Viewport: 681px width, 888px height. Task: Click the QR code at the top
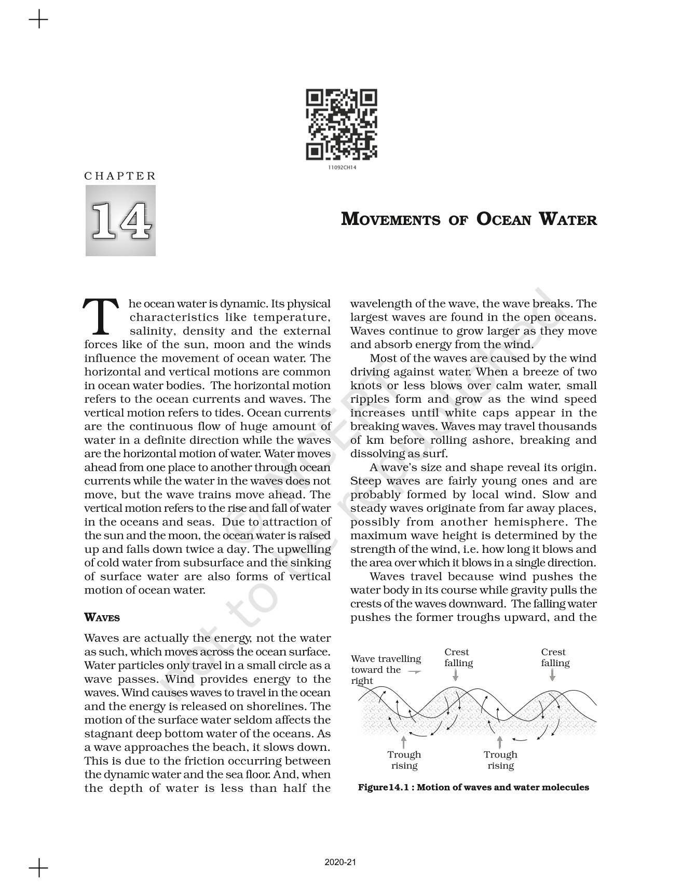point(342,125)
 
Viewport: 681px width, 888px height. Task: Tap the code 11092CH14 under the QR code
point(342,168)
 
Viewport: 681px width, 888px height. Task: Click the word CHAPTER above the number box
point(120,176)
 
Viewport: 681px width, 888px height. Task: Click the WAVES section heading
point(102,618)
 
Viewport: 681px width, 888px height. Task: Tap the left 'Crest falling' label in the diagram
point(458,657)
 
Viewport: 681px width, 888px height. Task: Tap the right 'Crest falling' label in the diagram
point(555,657)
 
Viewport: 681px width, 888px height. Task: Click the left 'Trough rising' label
point(404,760)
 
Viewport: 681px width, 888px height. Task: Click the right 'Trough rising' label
point(500,760)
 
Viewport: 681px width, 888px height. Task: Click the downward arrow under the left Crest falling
point(455,675)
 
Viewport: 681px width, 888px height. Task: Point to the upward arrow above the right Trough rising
point(500,741)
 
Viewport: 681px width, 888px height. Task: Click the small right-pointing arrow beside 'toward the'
point(414,671)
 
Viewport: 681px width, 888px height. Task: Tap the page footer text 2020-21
point(340,862)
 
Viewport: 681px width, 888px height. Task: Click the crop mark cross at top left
point(38,21)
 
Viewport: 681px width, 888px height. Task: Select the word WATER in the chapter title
point(568,219)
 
